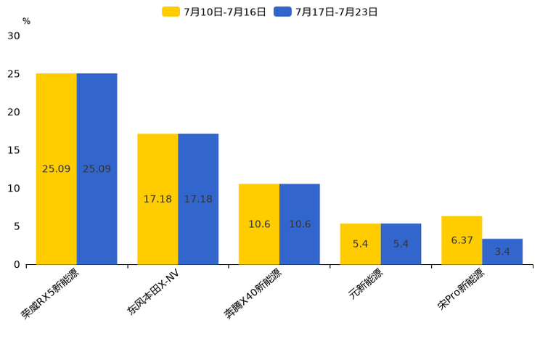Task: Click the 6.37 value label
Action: (462, 240)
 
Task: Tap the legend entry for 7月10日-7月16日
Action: (214, 12)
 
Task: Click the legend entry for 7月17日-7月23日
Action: (326, 12)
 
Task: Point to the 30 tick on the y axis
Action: (14, 36)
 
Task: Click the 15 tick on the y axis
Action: (14, 150)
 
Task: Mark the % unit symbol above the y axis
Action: (26, 22)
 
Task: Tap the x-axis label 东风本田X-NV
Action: (153, 292)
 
